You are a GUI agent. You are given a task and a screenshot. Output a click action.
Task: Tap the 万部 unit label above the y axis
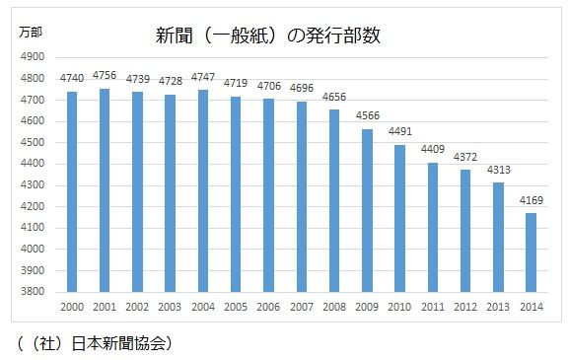(x=32, y=33)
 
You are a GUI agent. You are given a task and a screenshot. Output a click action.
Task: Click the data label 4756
(x=105, y=75)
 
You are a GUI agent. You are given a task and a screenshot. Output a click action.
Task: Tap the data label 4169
(x=532, y=200)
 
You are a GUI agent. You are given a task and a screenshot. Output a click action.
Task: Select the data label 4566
(x=367, y=116)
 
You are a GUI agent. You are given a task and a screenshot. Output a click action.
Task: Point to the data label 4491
(x=400, y=132)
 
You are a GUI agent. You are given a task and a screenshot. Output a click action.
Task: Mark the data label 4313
(x=499, y=170)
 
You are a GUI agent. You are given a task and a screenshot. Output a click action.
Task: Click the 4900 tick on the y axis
(x=32, y=57)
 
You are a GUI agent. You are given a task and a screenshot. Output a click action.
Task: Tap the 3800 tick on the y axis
(x=32, y=292)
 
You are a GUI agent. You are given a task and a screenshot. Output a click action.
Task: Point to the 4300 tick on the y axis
(x=32, y=185)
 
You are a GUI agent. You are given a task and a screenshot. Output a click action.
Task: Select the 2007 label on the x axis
(x=302, y=307)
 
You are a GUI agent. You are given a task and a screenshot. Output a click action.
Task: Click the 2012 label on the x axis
(x=466, y=307)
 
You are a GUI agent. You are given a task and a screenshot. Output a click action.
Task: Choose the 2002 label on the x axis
(x=137, y=307)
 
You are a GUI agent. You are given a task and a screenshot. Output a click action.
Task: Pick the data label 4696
(x=302, y=89)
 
